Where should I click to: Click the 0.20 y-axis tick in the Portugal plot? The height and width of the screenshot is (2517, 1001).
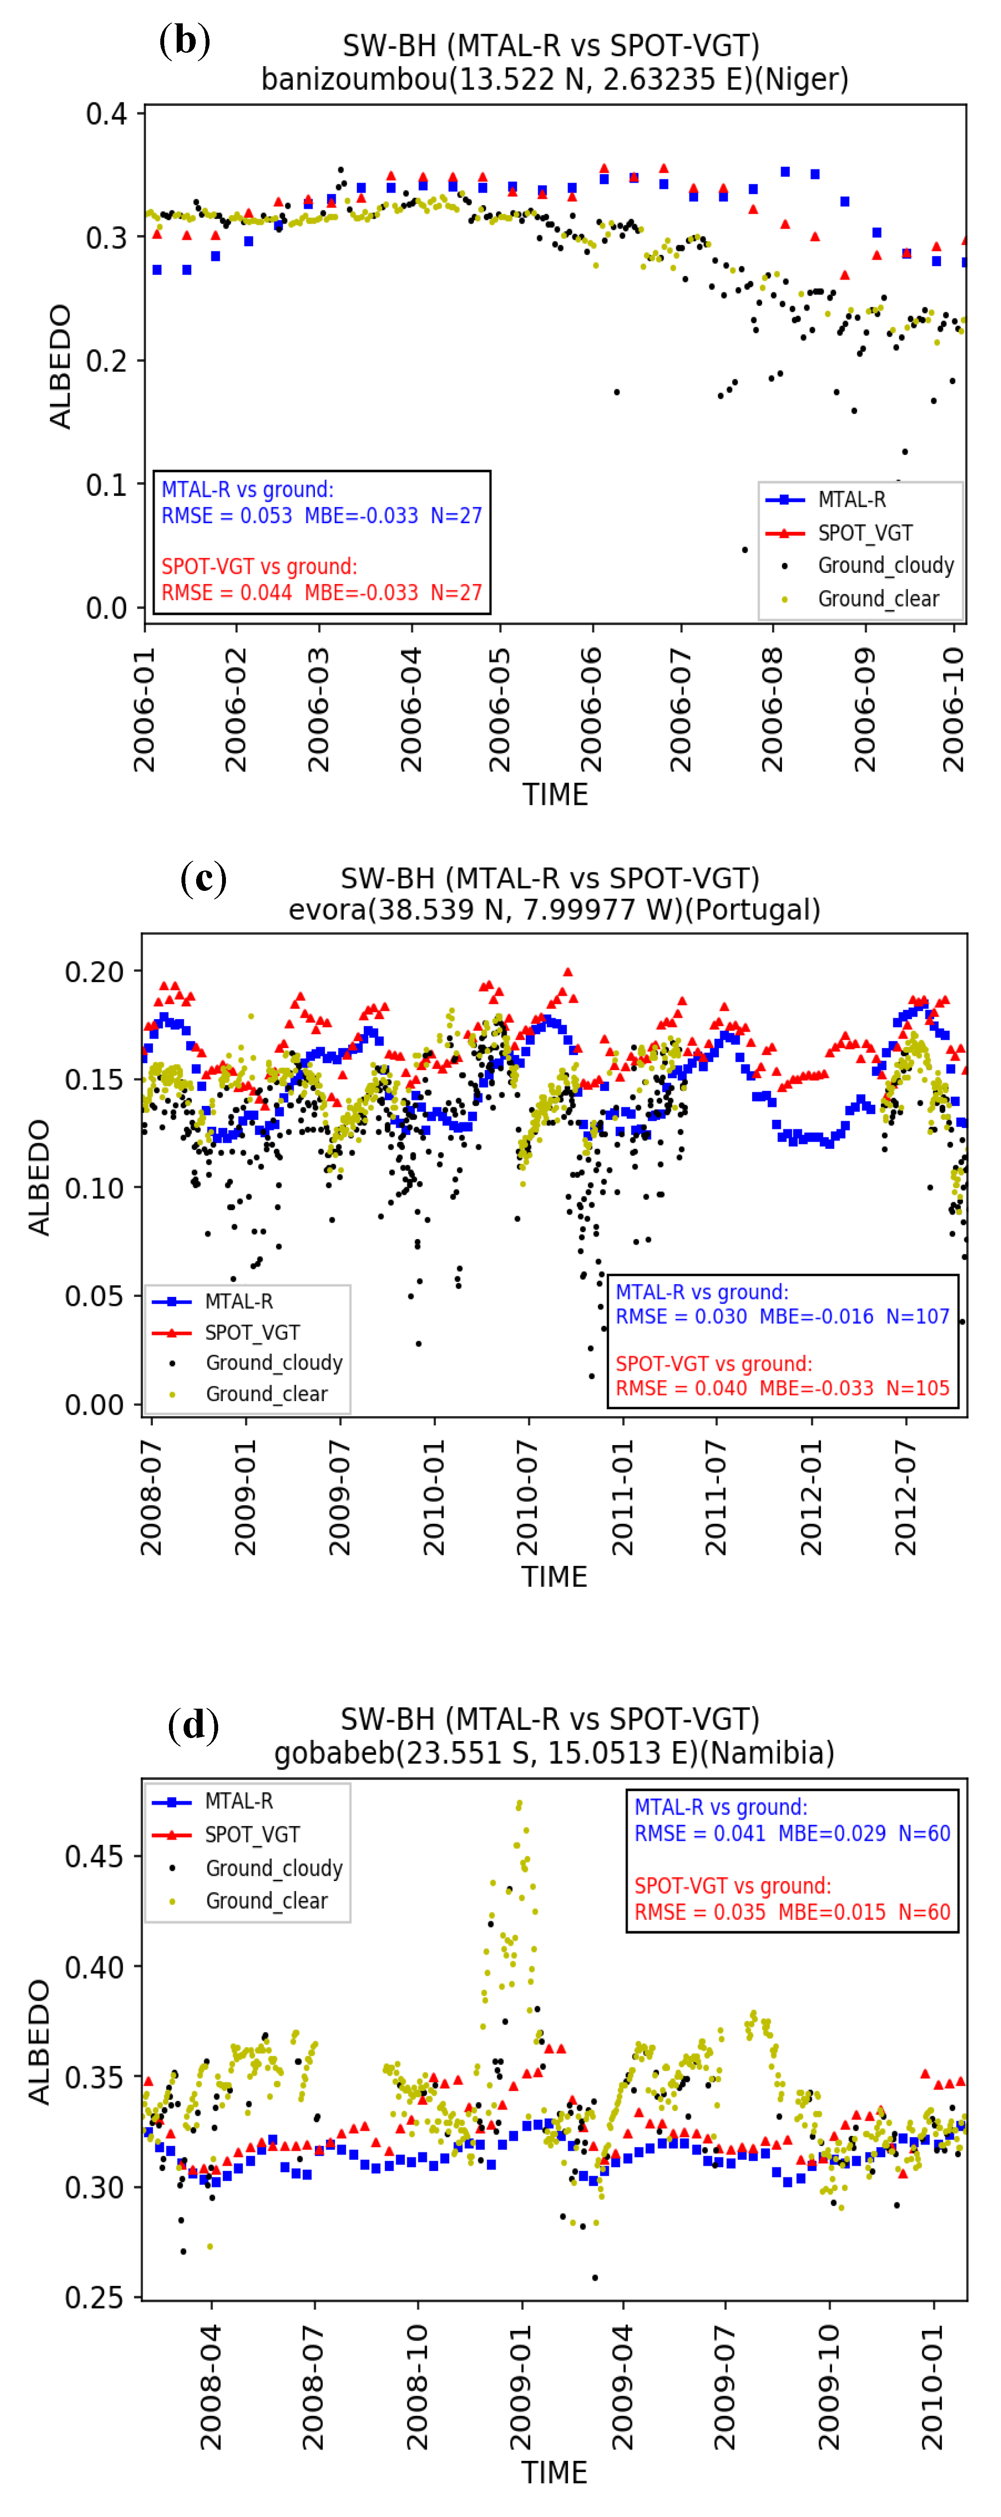click(95, 972)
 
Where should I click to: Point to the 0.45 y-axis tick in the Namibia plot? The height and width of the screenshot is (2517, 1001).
click(95, 1856)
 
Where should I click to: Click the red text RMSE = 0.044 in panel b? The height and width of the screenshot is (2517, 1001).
click(227, 592)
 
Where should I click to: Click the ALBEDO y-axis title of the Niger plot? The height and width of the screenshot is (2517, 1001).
click(60, 366)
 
